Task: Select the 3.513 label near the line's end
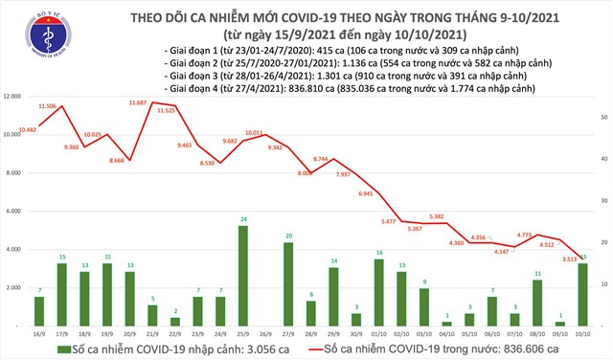570,258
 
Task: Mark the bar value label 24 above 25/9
243,219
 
